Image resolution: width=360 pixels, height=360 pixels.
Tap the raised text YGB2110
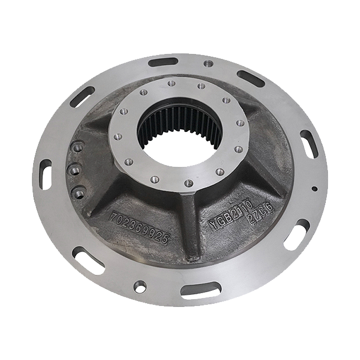coord(228,218)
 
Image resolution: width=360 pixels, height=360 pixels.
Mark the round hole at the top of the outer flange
coord(208,64)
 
